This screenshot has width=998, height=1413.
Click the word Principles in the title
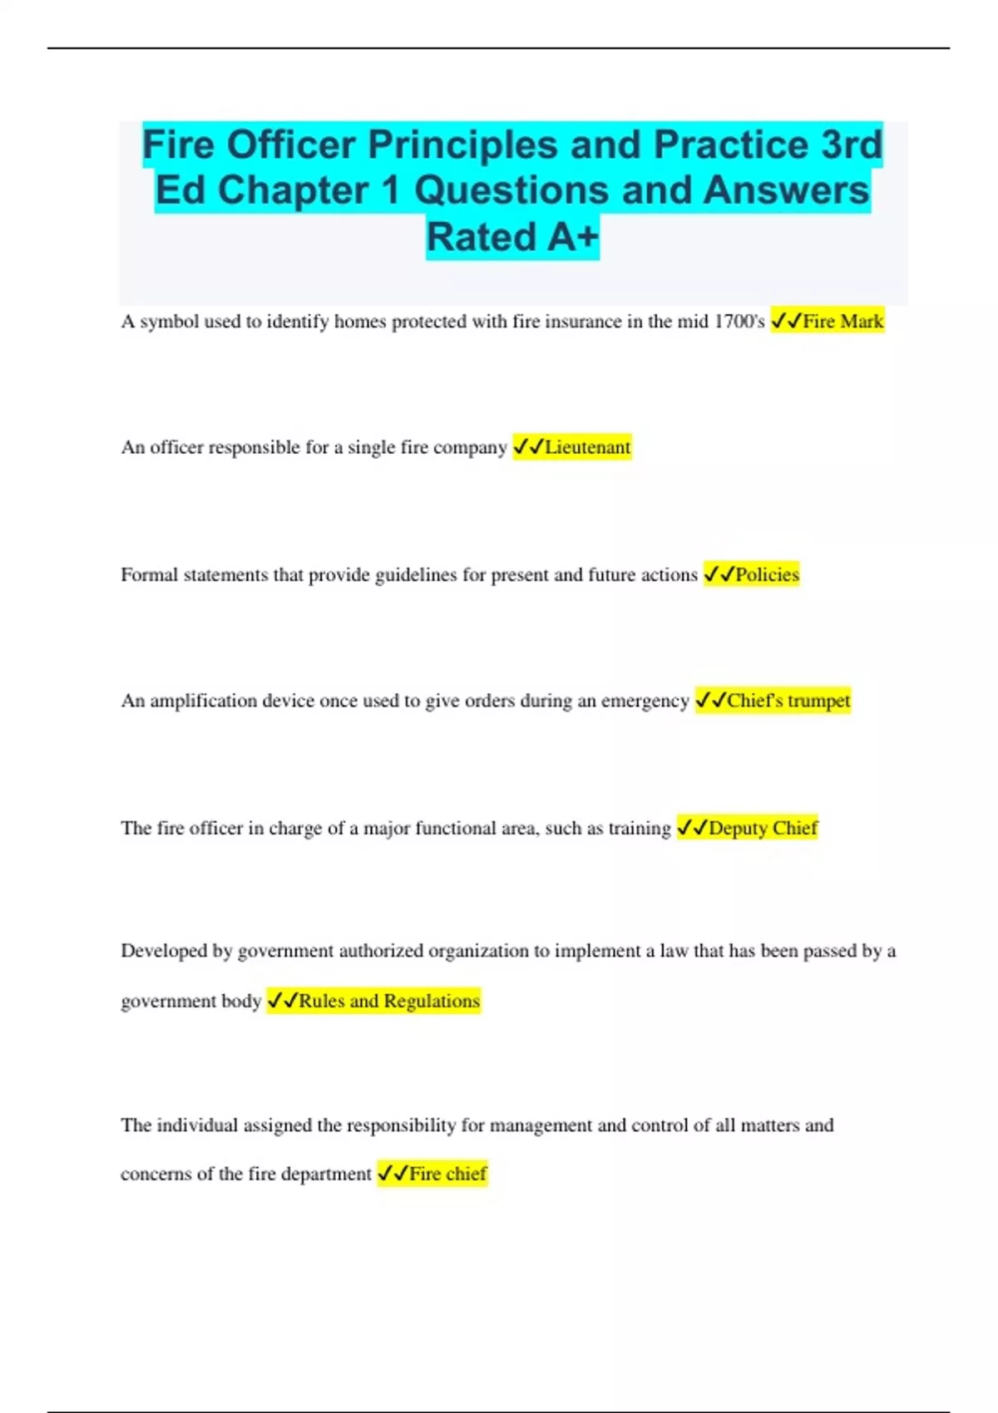point(462,145)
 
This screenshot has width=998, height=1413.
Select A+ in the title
point(573,237)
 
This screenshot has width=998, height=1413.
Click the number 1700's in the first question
point(739,322)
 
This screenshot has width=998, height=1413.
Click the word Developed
point(163,951)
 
